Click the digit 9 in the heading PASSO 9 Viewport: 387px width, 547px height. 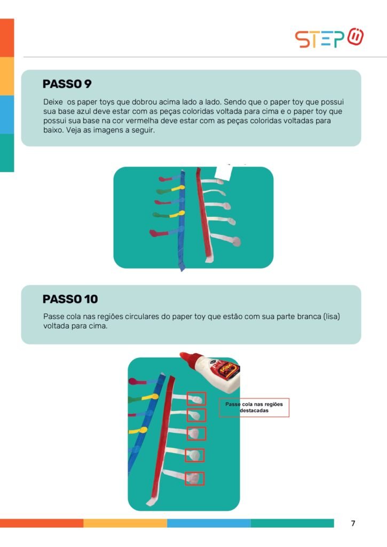pos(88,84)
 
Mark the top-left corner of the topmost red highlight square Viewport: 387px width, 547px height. pos(187,392)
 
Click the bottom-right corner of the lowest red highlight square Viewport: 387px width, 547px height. pos(204,485)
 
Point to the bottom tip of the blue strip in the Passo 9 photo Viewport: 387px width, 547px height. pos(181,271)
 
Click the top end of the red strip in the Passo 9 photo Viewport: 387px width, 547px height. pos(199,168)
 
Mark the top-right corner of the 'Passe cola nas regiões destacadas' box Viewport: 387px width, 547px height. pos(289,398)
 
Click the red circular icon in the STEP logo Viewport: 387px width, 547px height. pos(356,37)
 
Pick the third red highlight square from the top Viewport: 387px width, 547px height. pos(196,434)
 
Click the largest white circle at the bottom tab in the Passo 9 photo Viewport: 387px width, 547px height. pos(236,241)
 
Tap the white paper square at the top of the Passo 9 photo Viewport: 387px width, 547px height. pos(224,173)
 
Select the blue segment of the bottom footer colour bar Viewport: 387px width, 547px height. pos(209,523)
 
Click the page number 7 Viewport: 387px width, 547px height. pos(353,523)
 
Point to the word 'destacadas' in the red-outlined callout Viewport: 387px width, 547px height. pos(254,411)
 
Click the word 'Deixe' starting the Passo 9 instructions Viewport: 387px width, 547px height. pos(53,102)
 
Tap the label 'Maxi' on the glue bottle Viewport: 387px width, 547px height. pos(228,368)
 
